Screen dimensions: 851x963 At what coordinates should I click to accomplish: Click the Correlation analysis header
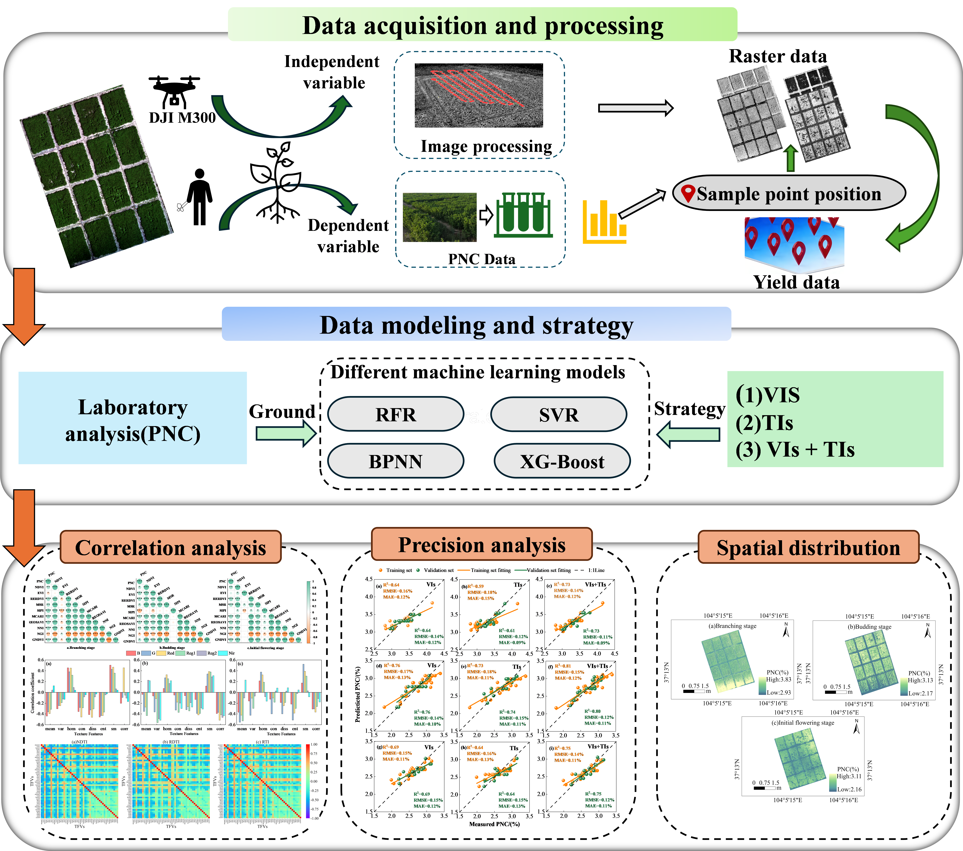(x=171, y=547)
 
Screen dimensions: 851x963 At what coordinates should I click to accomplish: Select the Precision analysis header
(x=482, y=544)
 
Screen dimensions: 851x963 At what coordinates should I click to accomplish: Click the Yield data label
(x=796, y=282)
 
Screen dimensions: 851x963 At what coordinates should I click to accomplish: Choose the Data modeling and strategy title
(x=476, y=325)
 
